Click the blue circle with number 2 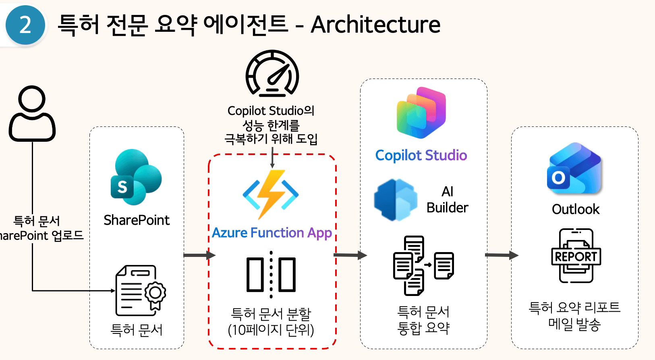pyautogui.click(x=25, y=25)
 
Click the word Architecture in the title pyautogui.click(x=375, y=25)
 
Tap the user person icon pyautogui.click(x=32, y=114)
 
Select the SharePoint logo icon pyautogui.click(x=136, y=177)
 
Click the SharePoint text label pyautogui.click(x=137, y=220)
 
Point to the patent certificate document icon pyautogui.click(x=141, y=290)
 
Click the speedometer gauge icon pyautogui.click(x=272, y=73)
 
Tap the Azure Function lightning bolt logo pyautogui.click(x=271, y=194)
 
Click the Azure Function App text pyautogui.click(x=272, y=233)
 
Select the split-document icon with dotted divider pyautogui.click(x=271, y=274)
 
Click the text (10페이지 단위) pyautogui.click(x=271, y=330)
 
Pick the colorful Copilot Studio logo pyautogui.click(x=421, y=113)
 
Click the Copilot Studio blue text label pyautogui.click(x=421, y=155)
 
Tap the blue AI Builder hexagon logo pyautogui.click(x=396, y=200)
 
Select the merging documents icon pyautogui.click(x=423, y=266)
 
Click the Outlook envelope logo pyautogui.click(x=574, y=169)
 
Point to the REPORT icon pyautogui.click(x=576, y=256)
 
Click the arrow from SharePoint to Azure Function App pyautogui.click(x=199, y=255)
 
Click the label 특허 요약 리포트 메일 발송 pyautogui.click(x=574, y=316)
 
